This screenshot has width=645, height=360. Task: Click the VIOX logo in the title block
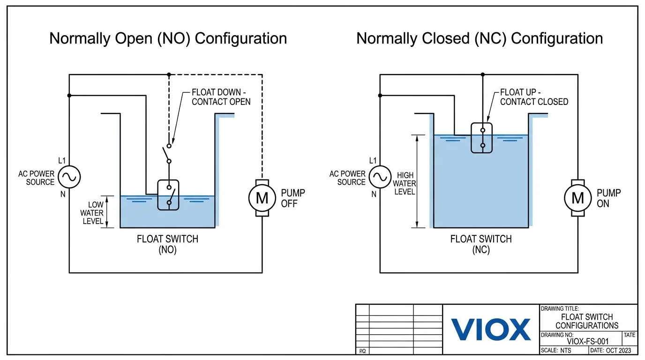tap(491, 329)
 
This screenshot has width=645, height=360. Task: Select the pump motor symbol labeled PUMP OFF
tap(262, 198)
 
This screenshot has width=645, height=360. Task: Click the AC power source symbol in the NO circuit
tap(69, 177)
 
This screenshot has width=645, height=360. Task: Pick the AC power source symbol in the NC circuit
tap(380, 177)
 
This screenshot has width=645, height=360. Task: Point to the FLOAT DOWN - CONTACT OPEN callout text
tap(221, 97)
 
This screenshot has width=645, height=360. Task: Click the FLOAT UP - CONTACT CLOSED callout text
tap(534, 97)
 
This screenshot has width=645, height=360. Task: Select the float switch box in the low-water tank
tap(168, 195)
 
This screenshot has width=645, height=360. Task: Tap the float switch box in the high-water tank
tap(482, 138)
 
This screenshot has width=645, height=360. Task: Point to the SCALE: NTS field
tap(556, 350)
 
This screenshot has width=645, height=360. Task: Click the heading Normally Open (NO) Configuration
tap(168, 38)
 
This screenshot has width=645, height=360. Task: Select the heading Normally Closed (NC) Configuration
tap(480, 38)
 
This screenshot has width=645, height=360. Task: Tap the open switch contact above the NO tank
tap(167, 153)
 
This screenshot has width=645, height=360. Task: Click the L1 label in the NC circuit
tap(373, 161)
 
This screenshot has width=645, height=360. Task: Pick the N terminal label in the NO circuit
tap(63, 194)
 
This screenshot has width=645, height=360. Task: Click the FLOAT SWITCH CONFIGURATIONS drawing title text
tap(587, 321)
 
